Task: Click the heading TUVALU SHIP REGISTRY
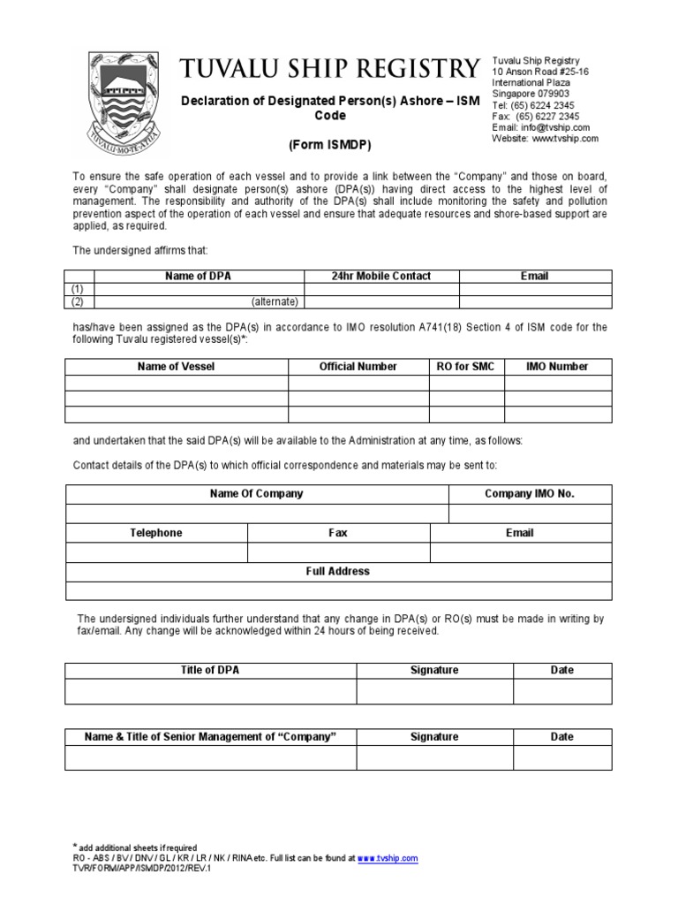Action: click(x=329, y=69)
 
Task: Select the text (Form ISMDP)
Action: click(x=329, y=145)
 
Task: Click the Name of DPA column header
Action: click(x=199, y=277)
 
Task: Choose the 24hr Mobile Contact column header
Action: click(x=381, y=277)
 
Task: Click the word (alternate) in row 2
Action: click(x=275, y=301)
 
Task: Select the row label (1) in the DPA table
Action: click(x=79, y=289)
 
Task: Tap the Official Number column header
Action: click(x=358, y=367)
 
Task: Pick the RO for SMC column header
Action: click(x=466, y=367)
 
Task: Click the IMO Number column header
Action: click(x=557, y=367)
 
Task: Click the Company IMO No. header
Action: click(x=530, y=494)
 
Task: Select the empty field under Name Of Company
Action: click(x=257, y=513)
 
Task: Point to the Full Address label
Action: click(x=338, y=572)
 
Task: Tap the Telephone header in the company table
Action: click(x=156, y=533)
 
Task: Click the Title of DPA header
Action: click(x=210, y=671)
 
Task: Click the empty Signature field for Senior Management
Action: click(x=434, y=757)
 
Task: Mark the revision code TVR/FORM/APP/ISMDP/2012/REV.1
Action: click(x=142, y=868)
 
